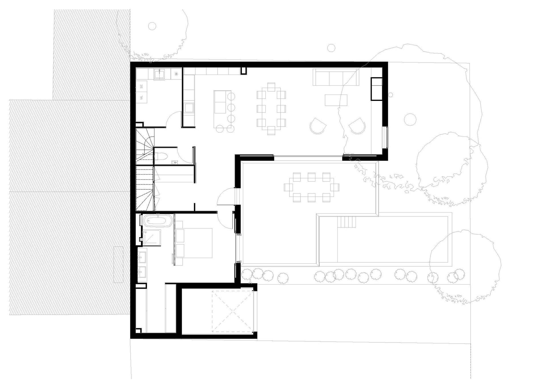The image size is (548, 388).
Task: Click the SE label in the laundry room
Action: click(142, 86)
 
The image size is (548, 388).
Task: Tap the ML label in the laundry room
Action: click(142, 98)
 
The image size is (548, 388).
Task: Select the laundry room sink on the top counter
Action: click(158, 74)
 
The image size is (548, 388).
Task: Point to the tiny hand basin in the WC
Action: click(175, 163)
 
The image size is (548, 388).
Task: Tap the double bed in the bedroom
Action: click(193, 243)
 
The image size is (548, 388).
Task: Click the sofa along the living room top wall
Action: click(335, 77)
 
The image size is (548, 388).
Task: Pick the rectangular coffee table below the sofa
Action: click(336, 100)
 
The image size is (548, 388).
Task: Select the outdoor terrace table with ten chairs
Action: click(311, 187)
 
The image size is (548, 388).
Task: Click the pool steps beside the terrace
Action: click(346, 222)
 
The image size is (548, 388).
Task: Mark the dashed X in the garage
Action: click(233, 311)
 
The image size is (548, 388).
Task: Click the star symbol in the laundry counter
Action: click(176, 74)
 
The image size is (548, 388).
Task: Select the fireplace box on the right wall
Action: click(376, 89)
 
